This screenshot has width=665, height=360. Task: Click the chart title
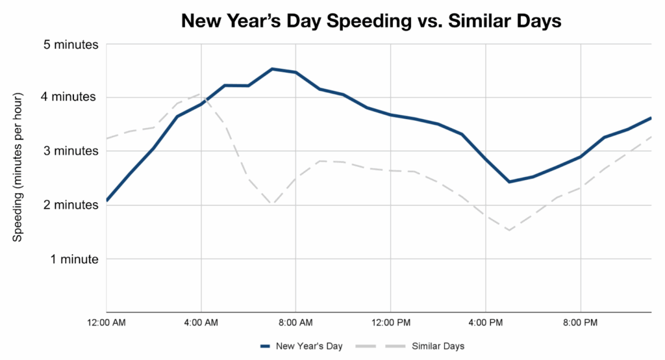coord(371,21)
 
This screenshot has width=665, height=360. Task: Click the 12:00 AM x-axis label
coord(107,322)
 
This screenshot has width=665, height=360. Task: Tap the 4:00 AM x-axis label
coord(201,322)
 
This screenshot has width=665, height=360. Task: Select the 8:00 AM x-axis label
coord(296,322)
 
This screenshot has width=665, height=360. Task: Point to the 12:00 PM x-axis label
coord(391,322)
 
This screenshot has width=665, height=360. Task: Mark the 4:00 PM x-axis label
coord(486,322)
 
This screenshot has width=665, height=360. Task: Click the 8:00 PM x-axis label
coord(580,322)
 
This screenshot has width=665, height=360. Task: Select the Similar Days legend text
coord(438,346)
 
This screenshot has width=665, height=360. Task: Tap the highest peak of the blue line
coord(273,69)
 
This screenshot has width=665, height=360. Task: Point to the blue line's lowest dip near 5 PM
coord(509,182)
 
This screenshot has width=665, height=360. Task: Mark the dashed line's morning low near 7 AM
coord(273,204)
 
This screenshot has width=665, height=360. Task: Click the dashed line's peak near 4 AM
coord(201,94)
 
